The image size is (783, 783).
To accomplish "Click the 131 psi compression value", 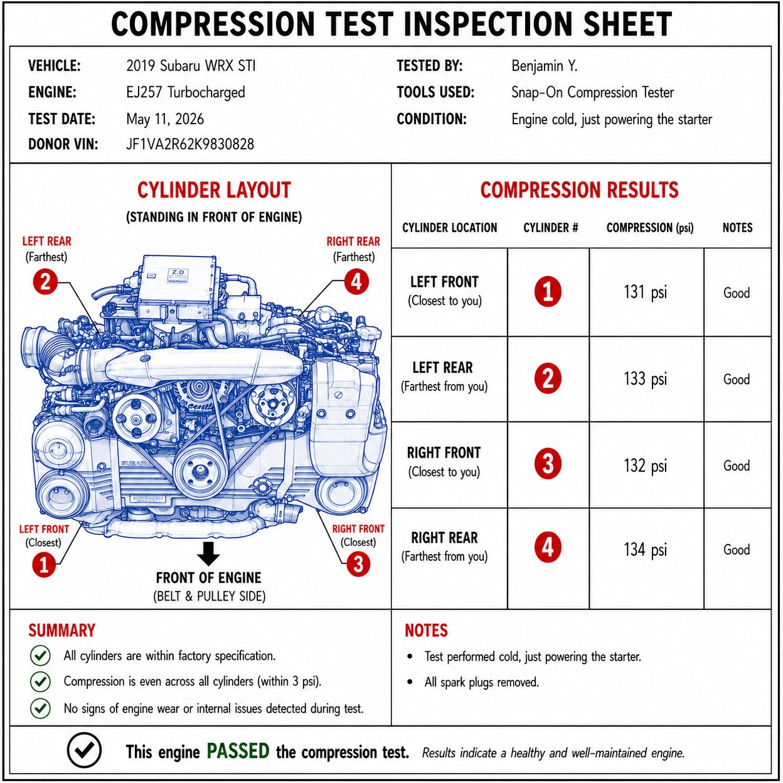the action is pos(645,293).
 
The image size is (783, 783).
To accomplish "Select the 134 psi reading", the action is pos(645,549).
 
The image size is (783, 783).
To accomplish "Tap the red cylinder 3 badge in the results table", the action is pos(548,464).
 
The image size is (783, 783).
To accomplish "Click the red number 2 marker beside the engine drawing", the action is pos(45,282).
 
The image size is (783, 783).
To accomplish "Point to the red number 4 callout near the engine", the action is pos(357,282).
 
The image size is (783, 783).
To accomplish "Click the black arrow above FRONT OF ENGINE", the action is pos(209,554).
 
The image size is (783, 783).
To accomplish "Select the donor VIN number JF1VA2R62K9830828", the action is pos(190,144).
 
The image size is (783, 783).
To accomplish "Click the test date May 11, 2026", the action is pos(165,119).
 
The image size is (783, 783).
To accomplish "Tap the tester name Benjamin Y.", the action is pos(544,66).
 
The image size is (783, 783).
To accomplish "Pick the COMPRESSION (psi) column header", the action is pos(650,228).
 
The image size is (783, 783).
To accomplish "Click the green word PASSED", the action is pos(238,751).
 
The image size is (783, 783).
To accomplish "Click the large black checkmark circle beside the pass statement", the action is pos(84,750).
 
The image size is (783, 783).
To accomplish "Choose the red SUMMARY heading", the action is pos(62,631).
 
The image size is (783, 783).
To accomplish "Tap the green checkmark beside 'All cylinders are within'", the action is pos(40,656).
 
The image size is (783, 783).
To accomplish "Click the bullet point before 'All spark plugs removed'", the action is pos(410,682).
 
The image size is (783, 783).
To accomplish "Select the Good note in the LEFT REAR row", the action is pos(736,380).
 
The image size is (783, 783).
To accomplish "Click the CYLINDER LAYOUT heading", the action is pos(214,190).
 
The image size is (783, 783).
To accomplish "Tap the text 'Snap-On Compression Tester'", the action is pos(593,92).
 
